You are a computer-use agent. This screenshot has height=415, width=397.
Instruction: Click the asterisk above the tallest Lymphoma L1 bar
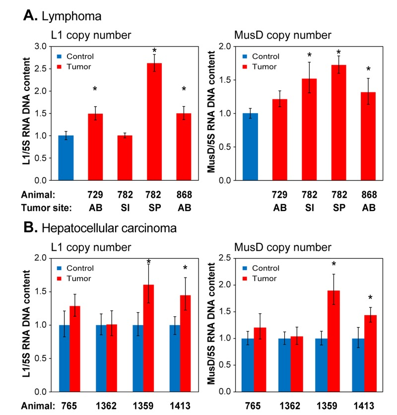[x=154, y=51]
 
